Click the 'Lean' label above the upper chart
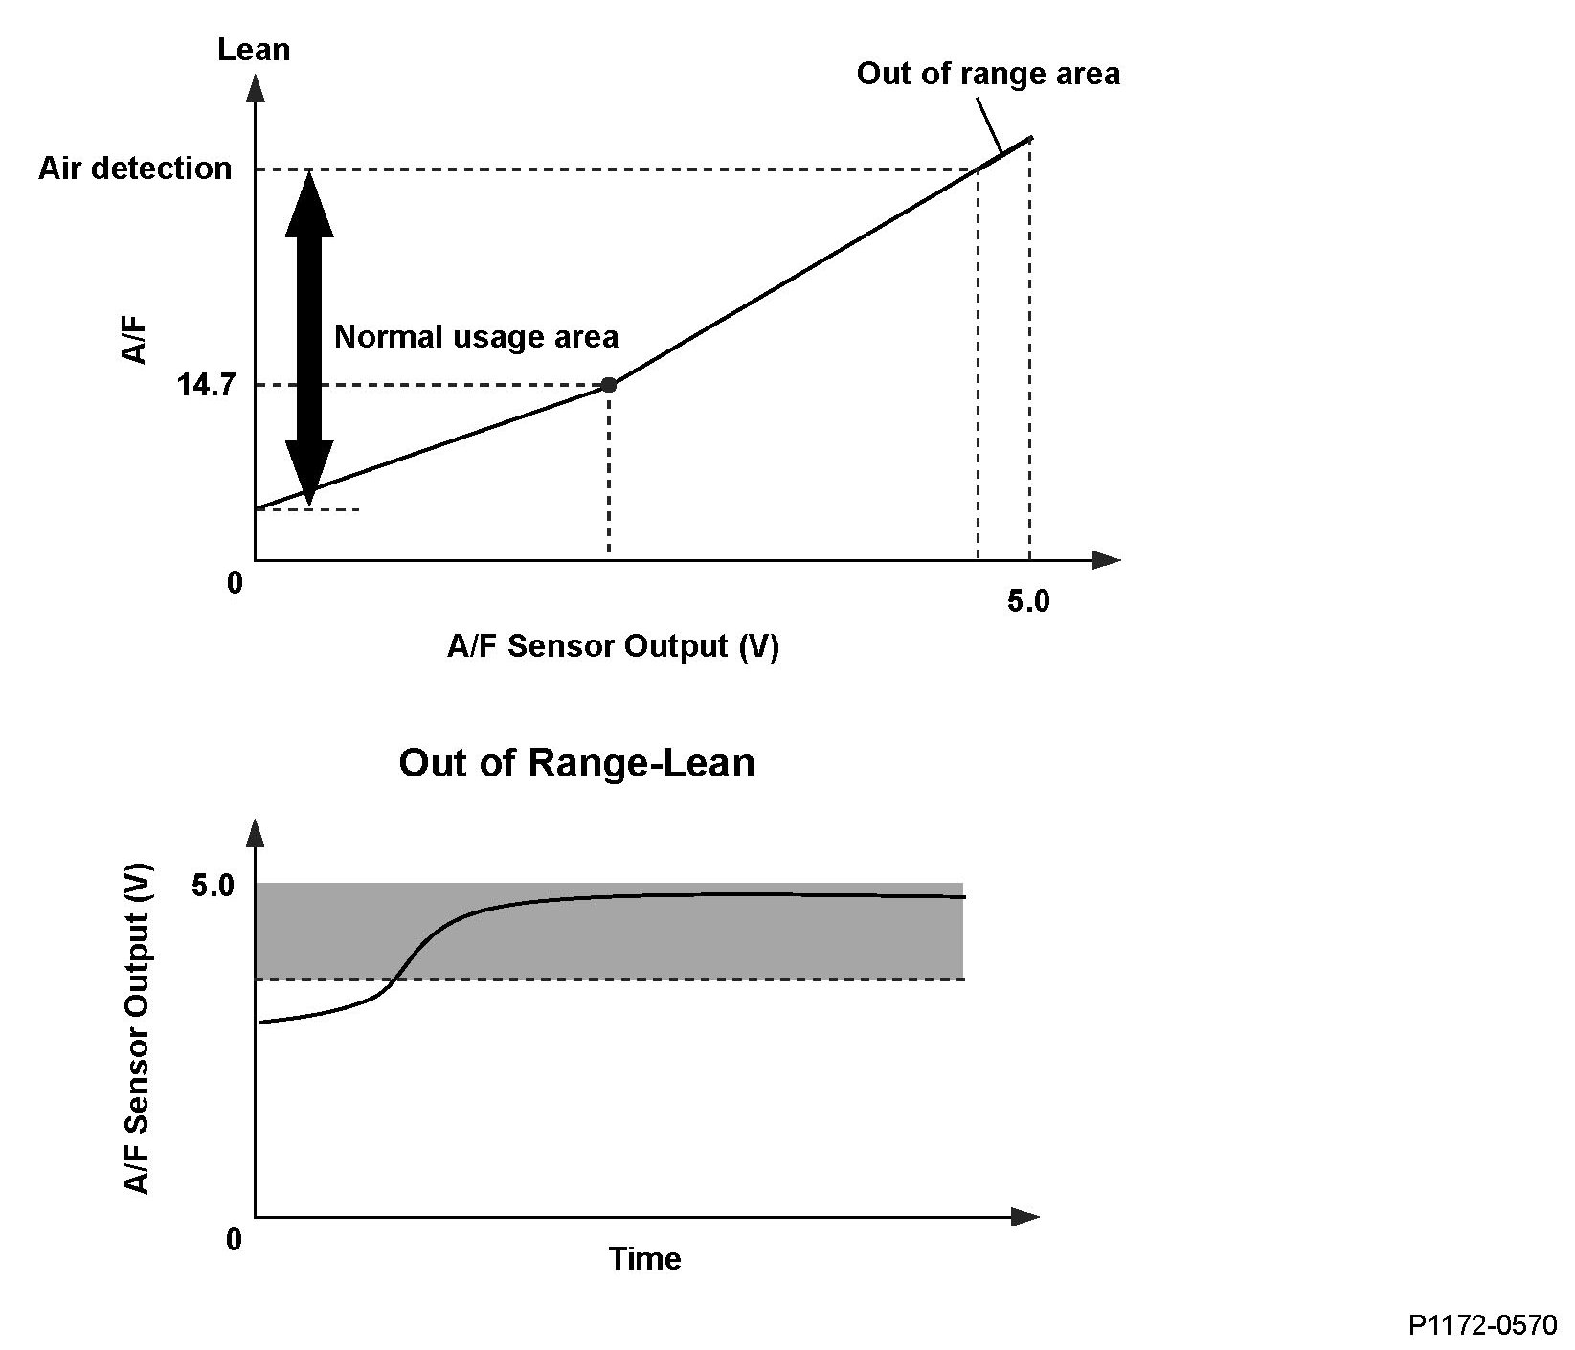(x=254, y=50)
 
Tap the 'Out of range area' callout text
(x=987, y=74)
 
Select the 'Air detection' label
(x=135, y=169)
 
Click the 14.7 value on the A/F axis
(x=206, y=386)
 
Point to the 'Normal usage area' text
(x=476, y=337)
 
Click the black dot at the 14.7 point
(x=608, y=385)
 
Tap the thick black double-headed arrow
(x=309, y=335)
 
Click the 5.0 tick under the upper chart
(x=1028, y=602)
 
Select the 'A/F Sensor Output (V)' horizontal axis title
(x=613, y=646)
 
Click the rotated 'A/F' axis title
(x=135, y=340)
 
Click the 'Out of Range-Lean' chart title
(x=576, y=763)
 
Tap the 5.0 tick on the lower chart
(x=213, y=886)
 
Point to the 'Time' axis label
(x=644, y=1258)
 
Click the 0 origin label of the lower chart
(x=235, y=1240)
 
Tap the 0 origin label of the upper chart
(x=235, y=582)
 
